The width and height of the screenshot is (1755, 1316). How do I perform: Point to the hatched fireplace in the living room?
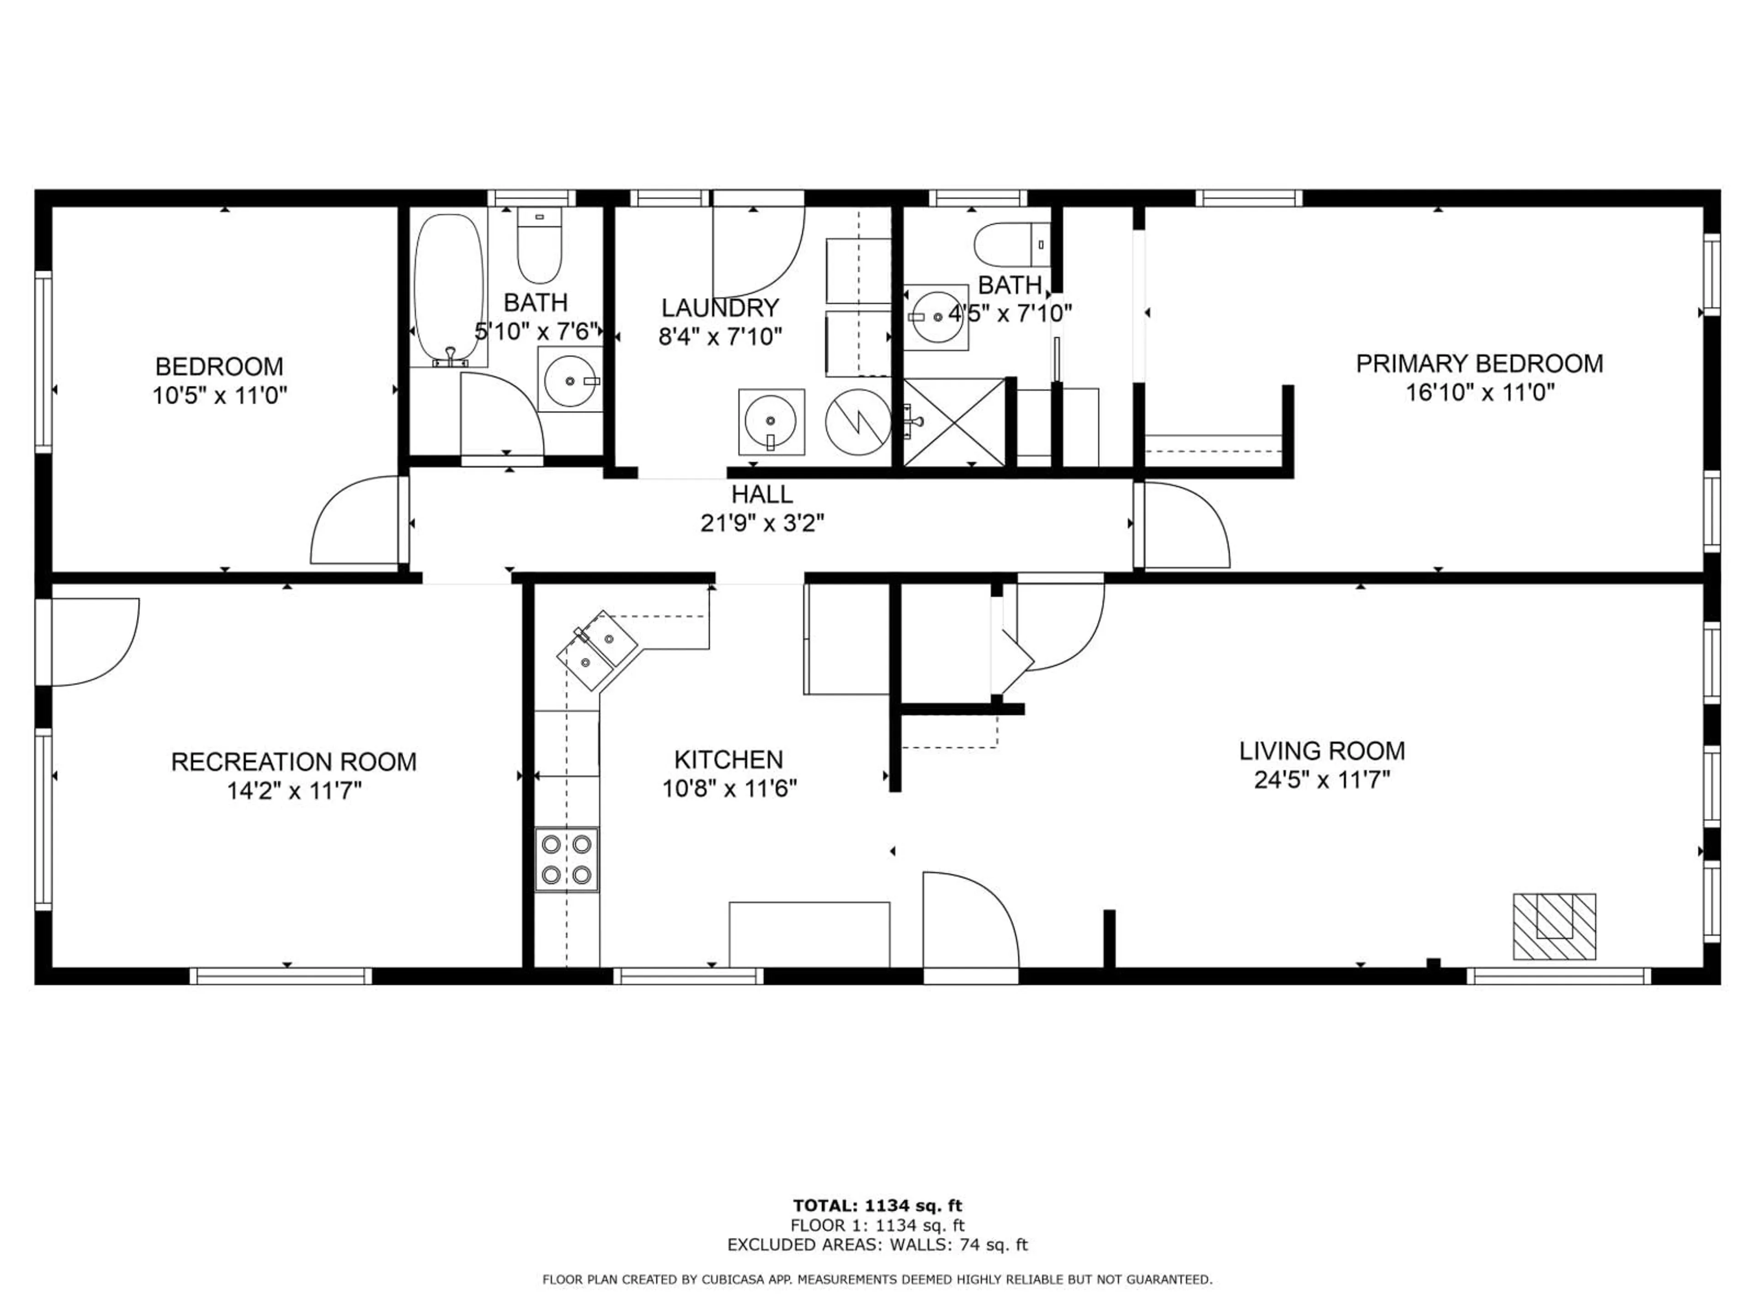1553,927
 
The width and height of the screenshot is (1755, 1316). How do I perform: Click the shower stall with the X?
954,422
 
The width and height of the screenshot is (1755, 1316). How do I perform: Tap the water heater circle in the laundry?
858,423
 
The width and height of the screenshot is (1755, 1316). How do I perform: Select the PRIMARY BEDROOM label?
1479,364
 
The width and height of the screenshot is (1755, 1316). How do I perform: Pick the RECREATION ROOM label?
293,762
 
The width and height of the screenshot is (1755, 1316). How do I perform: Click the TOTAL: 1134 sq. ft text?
877,1206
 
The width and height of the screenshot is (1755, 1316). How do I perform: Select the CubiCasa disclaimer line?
877,1279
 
